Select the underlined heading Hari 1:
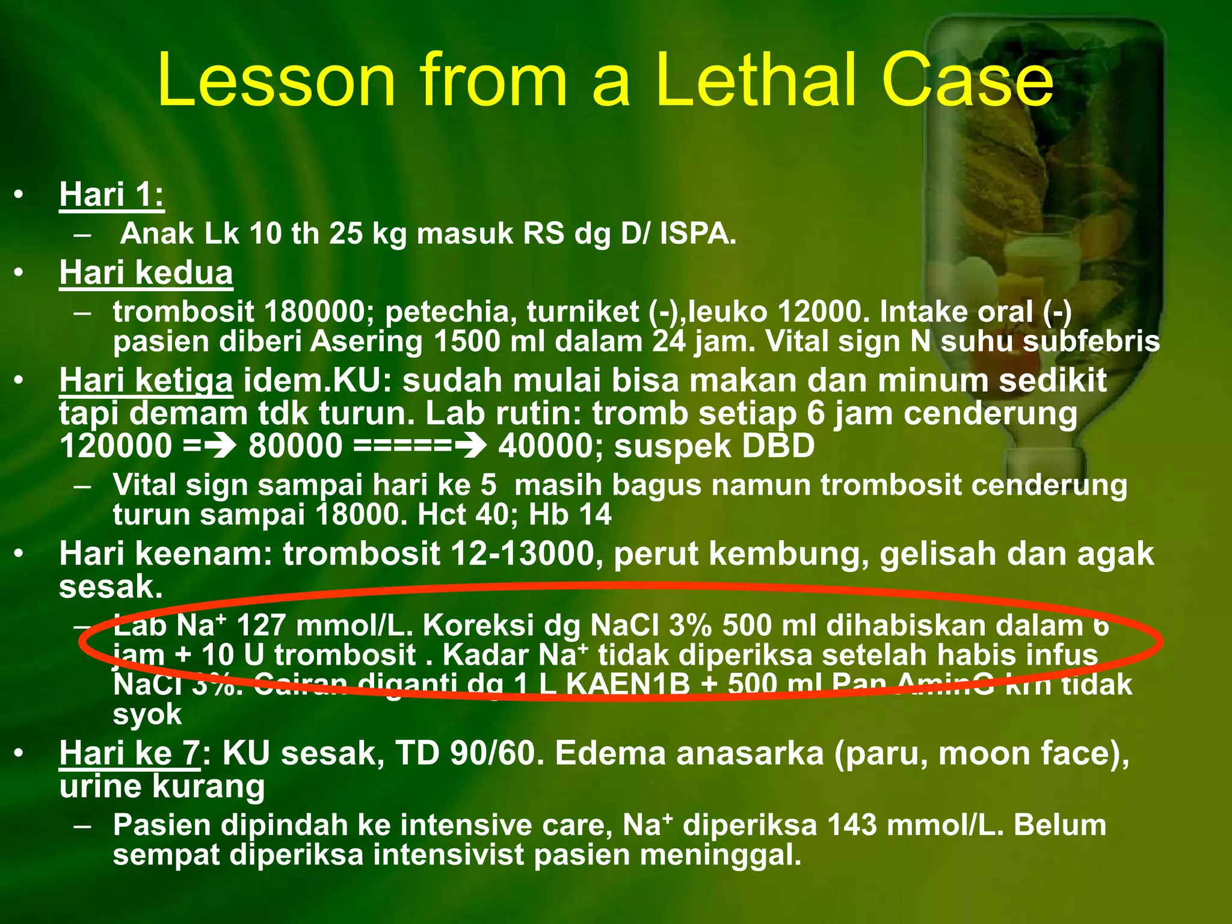(x=112, y=195)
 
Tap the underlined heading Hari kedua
(x=146, y=273)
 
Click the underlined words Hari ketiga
(x=146, y=381)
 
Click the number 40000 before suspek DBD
(x=550, y=446)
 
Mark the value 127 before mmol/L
(x=261, y=626)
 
